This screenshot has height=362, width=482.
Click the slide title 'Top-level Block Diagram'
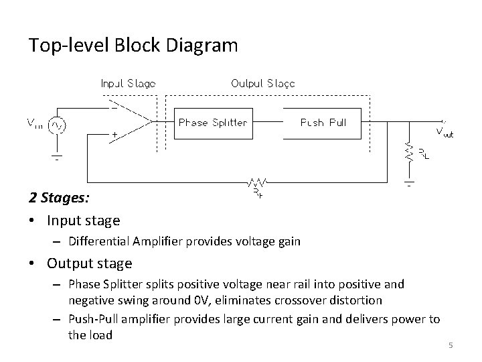pyautogui.click(x=133, y=46)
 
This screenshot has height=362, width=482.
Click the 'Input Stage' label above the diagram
pyautogui.click(x=128, y=84)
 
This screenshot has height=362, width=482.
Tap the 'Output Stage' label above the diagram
pyautogui.click(x=262, y=84)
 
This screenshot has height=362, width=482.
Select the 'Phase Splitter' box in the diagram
pyautogui.click(x=213, y=123)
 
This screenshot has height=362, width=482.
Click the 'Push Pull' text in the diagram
pyautogui.click(x=323, y=123)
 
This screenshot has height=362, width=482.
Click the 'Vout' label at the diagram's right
pyautogui.click(x=445, y=132)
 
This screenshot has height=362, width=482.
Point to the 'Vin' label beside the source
pyautogui.click(x=35, y=123)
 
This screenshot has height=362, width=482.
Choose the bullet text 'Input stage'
pyautogui.click(x=83, y=220)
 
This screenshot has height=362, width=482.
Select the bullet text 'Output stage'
pyautogui.click(x=89, y=263)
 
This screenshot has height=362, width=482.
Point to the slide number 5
pyautogui.click(x=451, y=345)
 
